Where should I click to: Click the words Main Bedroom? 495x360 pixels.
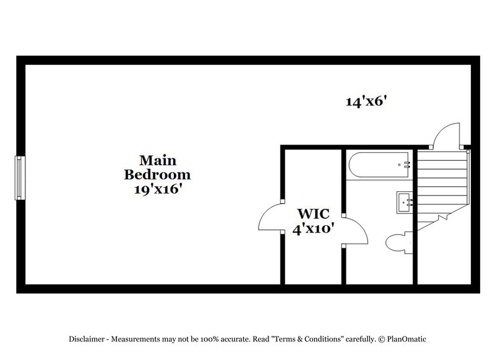[x=156, y=166]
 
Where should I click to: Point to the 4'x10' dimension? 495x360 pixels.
[x=314, y=229]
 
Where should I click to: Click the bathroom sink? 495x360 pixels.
[x=405, y=201]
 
